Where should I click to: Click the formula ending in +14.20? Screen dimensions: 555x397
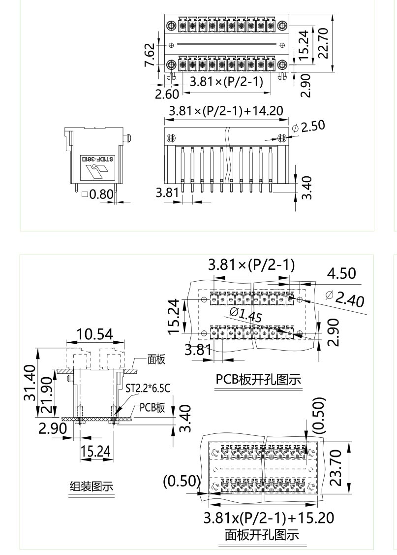pyautogui.click(x=226, y=111)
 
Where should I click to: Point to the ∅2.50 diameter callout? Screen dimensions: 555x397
pyautogui.click(x=308, y=127)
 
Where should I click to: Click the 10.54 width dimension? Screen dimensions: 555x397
pyautogui.click(x=93, y=335)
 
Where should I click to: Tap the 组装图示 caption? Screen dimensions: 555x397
pyautogui.click(x=91, y=487)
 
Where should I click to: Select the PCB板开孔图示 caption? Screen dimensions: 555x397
pyautogui.click(x=258, y=380)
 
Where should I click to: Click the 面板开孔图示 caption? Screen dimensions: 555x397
pyautogui.click(x=262, y=535)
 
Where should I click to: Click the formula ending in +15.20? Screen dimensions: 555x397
pyautogui.click(x=269, y=518)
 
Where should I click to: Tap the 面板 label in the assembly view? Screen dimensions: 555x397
pyautogui.click(x=157, y=359)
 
